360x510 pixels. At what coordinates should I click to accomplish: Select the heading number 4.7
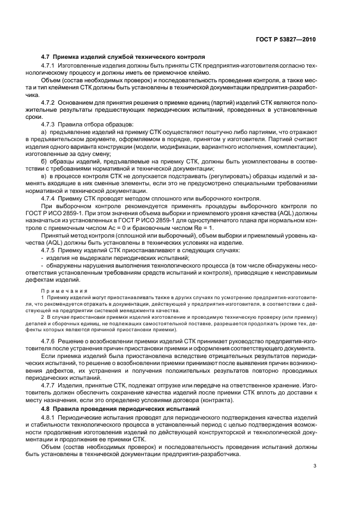click(x=46, y=56)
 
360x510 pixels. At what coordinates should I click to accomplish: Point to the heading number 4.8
click(x=46, y=408)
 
